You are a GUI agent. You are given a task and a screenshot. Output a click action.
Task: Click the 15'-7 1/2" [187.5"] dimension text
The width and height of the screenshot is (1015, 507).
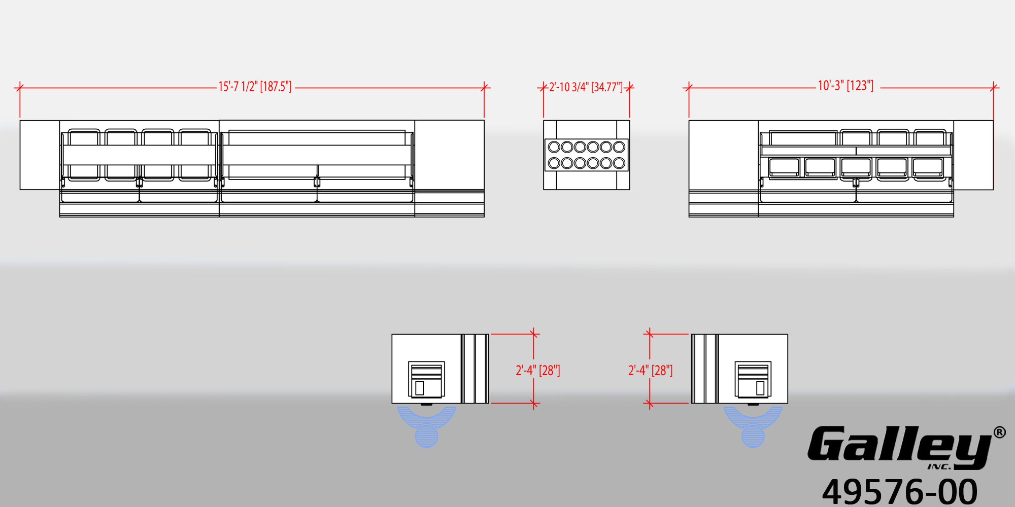[x=255, y=87]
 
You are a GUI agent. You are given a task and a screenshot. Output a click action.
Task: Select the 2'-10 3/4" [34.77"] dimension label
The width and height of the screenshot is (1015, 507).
[x=586, y=87]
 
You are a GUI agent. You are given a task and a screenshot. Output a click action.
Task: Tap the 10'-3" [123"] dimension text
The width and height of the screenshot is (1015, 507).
[x=845, y=86]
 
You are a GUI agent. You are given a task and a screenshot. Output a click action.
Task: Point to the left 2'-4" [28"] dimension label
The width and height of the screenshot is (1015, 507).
[x=538, y=371]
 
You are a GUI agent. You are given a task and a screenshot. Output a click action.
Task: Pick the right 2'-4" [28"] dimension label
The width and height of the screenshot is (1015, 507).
[x=651, y=371]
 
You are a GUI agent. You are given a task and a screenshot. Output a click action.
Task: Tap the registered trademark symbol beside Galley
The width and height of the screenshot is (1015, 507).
[x=999, y=432]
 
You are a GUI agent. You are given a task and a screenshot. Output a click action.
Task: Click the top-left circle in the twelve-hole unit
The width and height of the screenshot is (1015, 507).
[x=554, y=147]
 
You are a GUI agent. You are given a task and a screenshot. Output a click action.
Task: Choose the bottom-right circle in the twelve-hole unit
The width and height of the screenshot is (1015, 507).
[x=619, y=163]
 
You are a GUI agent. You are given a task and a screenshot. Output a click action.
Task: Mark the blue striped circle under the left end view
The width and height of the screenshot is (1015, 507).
[x=426, y=436]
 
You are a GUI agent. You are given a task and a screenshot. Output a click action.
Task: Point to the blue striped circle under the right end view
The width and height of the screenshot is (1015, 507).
[x=753, y=436]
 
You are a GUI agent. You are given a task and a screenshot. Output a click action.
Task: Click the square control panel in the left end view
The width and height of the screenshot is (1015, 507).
[x=426, y=379]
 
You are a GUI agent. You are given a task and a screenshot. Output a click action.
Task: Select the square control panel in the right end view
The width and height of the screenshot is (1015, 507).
[x=753, y=379]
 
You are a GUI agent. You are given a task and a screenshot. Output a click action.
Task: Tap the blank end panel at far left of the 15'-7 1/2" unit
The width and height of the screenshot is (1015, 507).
[x=40, y=155]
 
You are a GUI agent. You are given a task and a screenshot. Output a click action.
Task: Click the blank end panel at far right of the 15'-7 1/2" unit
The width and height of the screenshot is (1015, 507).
[x=449, y=155]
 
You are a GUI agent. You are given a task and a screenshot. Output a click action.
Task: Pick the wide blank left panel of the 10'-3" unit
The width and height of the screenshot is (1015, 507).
[x=723, y=155]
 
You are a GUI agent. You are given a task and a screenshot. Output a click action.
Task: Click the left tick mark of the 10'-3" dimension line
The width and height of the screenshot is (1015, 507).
[x=689, y=88]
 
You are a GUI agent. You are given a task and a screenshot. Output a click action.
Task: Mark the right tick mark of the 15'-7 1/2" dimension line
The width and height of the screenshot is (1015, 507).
[x=484, y=88]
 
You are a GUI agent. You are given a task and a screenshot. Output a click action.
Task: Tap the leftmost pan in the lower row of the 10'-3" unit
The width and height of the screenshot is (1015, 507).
[x=784, y=168]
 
